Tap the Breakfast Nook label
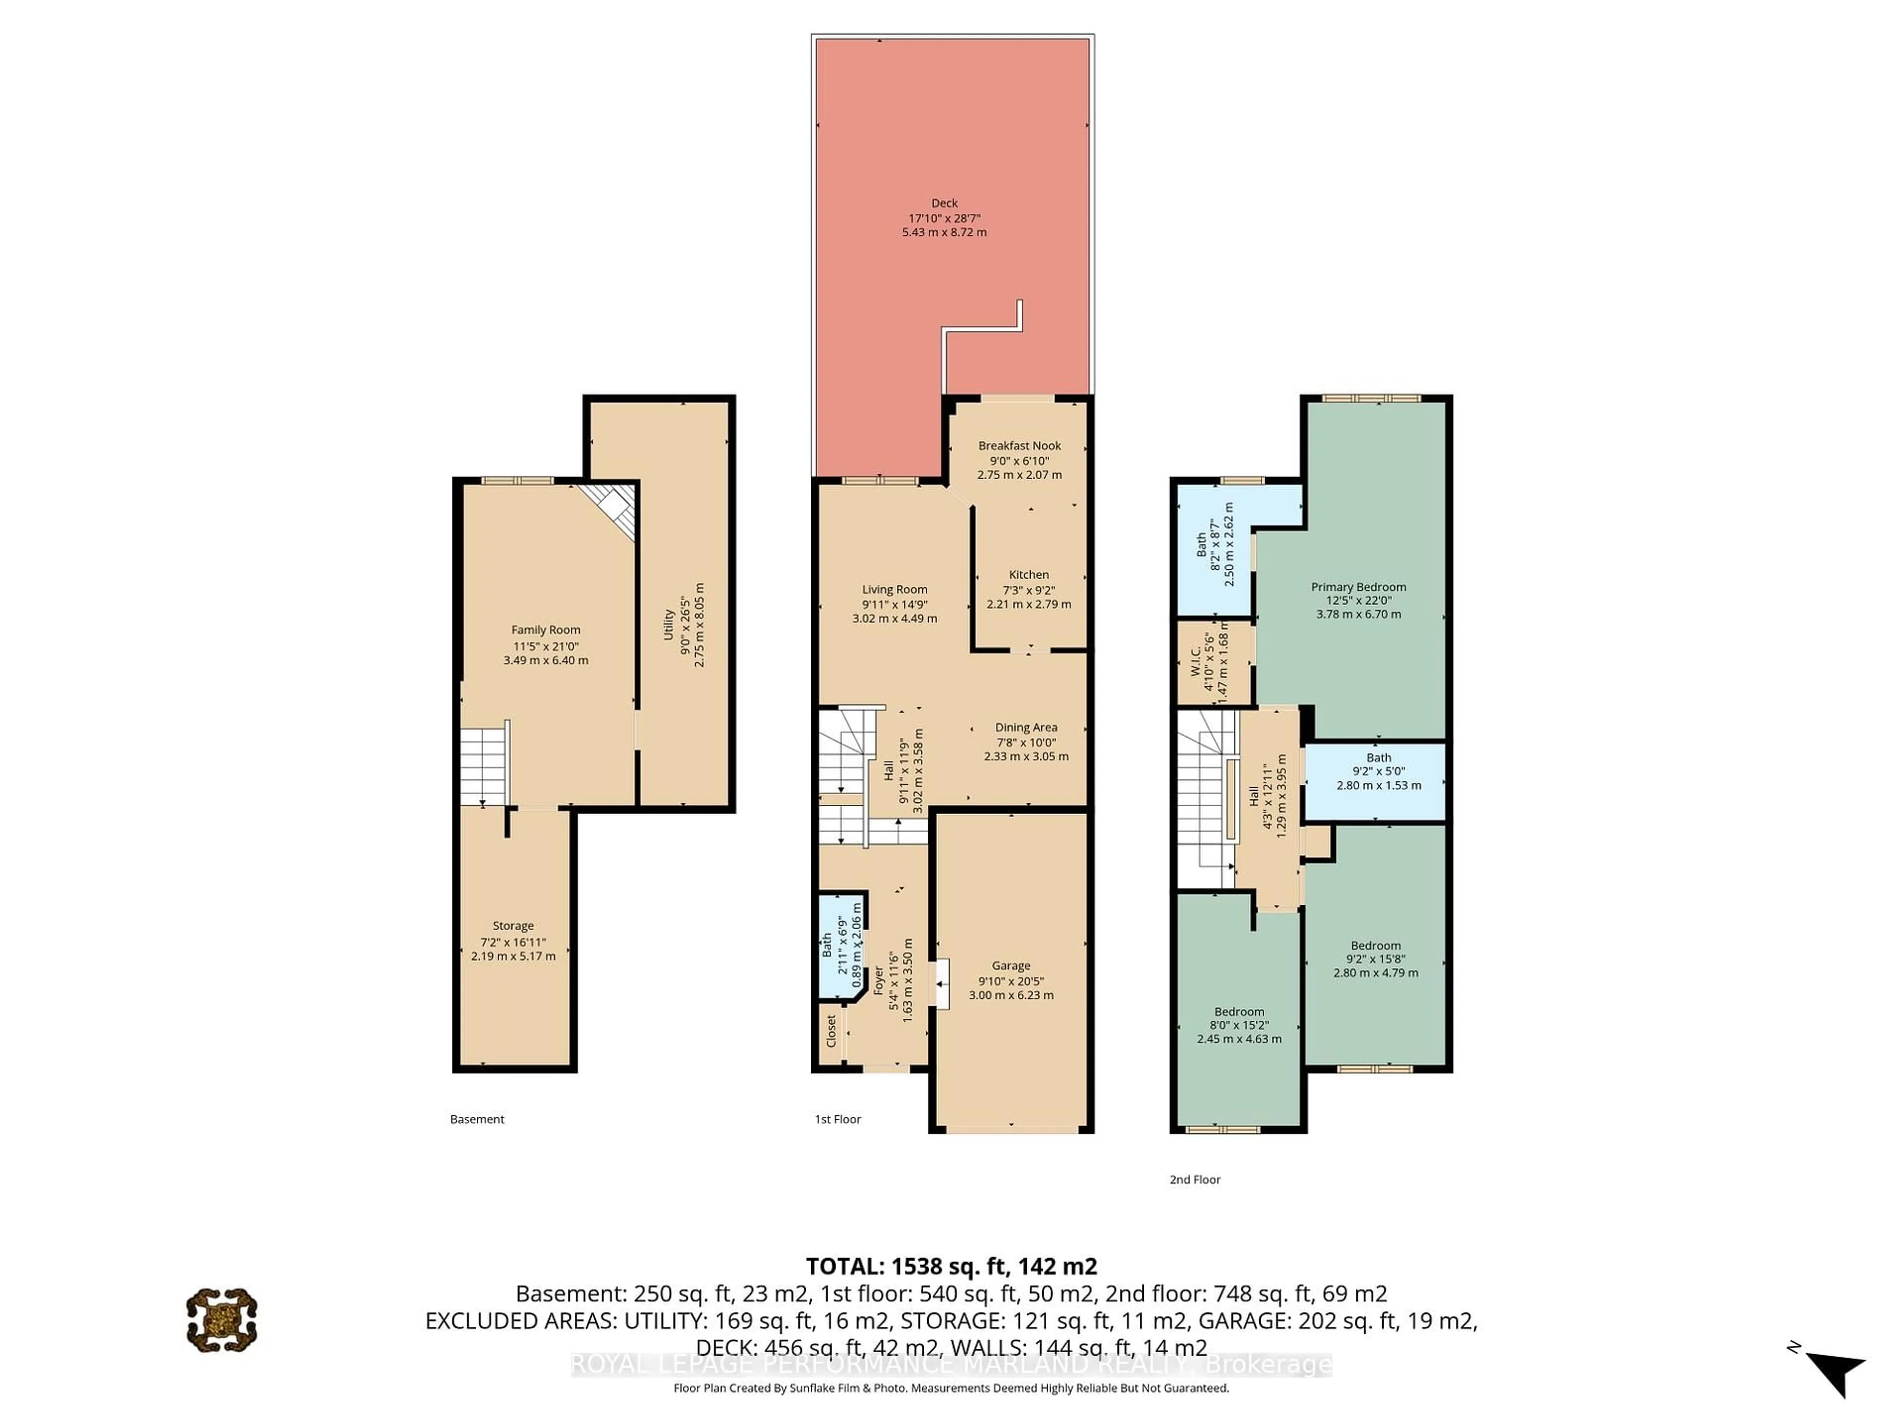[1019, 445]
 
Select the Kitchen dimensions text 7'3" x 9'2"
[1029, 590]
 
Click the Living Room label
[895, 589]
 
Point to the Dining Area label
[1026, 727]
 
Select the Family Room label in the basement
[546, 630]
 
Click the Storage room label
[513, 926]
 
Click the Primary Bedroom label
[1358, 587]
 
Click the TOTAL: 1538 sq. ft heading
[951, 1266]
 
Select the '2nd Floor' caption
[1194, 1179]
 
